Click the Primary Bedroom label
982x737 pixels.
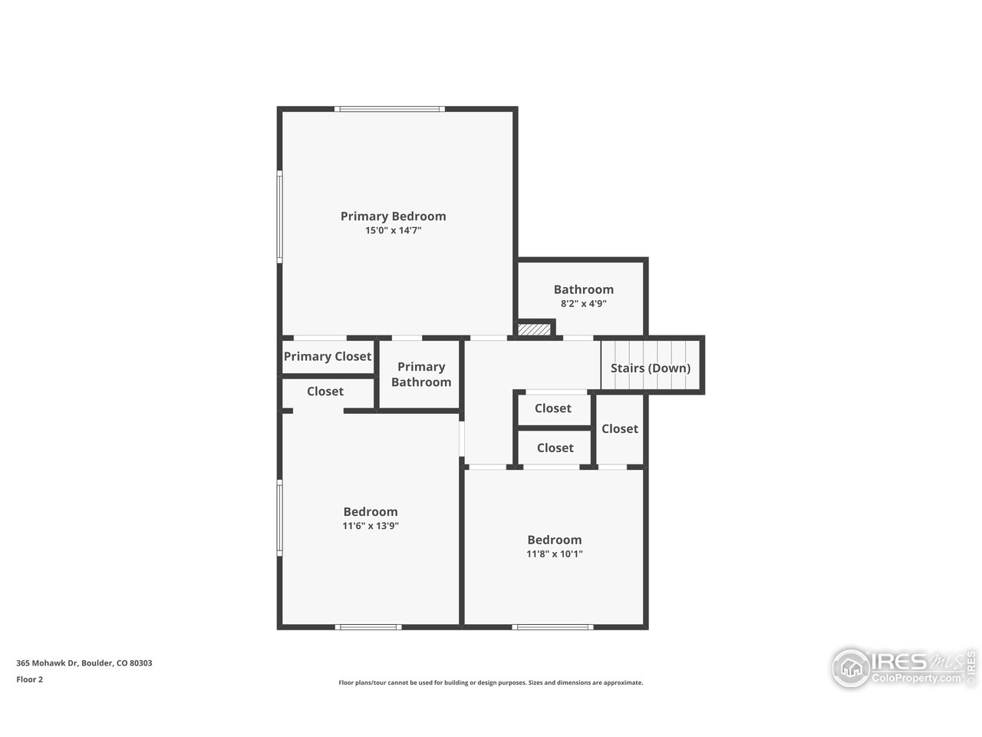393,216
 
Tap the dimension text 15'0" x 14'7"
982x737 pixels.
393,230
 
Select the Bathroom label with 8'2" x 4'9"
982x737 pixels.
583,289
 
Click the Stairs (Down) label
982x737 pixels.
650,368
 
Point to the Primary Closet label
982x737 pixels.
328,356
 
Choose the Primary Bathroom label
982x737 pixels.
421,375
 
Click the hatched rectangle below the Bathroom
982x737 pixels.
534,329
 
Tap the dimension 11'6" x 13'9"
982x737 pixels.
371,526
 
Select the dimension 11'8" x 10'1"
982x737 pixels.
554,554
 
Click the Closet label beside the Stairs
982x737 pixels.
620,428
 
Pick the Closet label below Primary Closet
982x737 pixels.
325,392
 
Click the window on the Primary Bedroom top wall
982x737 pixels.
390,109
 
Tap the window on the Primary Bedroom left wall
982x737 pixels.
280,216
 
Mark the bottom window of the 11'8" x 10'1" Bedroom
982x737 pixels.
553,627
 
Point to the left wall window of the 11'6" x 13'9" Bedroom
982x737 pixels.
280,517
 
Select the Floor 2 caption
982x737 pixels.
30,679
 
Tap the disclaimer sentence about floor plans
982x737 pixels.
491,682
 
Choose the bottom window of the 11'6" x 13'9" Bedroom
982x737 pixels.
368,627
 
